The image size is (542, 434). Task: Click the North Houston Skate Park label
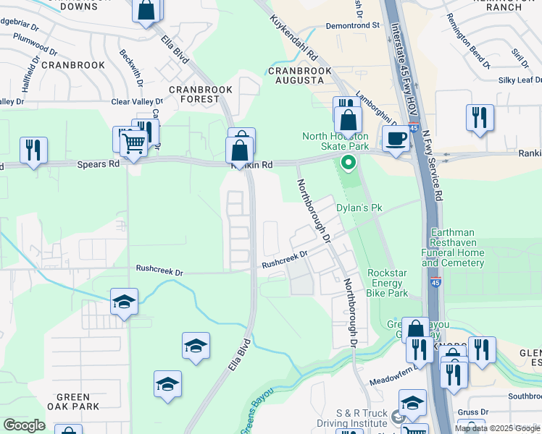[x=335, y=141]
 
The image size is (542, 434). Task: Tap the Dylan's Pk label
[x=359, y=208]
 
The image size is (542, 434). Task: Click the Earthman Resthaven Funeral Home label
[x=454, y=248]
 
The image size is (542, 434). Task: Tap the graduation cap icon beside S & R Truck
[x=412, y=402]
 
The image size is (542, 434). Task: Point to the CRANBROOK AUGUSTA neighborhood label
[x=299, y=76]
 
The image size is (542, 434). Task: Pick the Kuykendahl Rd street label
[x=294, y=39]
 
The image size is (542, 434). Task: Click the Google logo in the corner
[x=24, y=425]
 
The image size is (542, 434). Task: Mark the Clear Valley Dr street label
[x=137, y=102]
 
